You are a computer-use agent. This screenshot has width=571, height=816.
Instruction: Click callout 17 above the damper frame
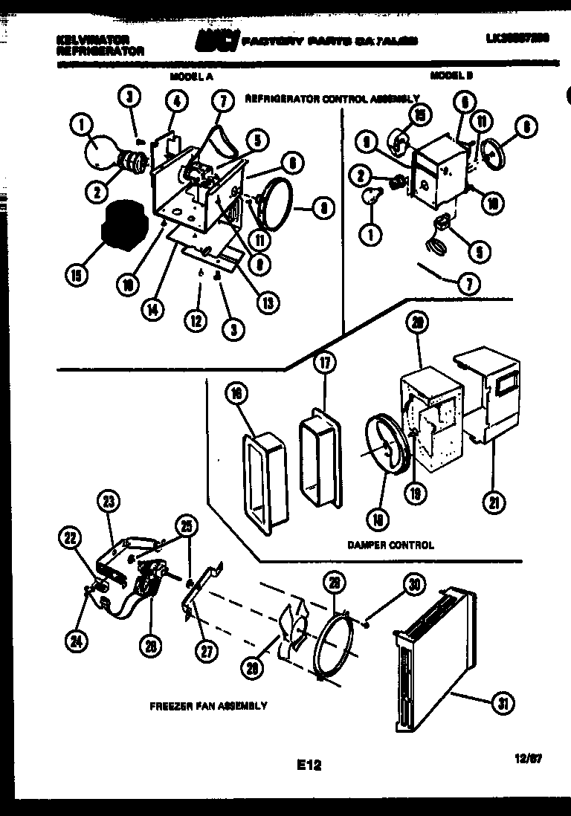(324, 363)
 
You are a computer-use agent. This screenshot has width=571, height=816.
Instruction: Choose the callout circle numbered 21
(491, 503)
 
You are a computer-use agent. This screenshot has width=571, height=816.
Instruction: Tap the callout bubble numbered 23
(109, 503)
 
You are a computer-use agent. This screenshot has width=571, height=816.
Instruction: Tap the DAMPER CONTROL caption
(390, 545)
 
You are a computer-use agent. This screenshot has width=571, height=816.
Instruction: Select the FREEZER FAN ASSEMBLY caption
(208, 706)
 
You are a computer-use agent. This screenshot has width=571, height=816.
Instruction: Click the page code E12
(309, 763)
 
